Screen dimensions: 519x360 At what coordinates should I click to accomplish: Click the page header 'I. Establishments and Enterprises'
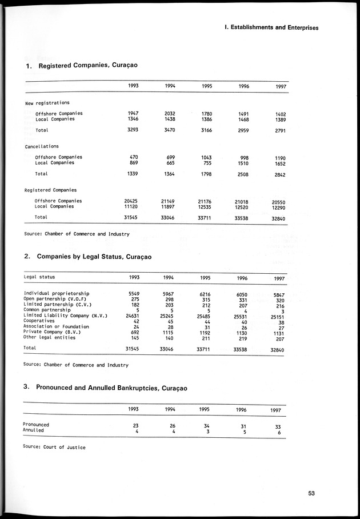tap(271, 27)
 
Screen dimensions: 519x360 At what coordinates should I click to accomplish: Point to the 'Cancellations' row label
tap(41, 146)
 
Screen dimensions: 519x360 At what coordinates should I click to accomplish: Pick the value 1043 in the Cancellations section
tap(207, 157)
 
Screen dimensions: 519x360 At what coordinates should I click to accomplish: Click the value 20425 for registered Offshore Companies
tap(132, 201)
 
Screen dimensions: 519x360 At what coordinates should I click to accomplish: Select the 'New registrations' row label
tap(47, 103)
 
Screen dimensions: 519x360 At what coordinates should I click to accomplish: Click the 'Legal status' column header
tap(39, 277)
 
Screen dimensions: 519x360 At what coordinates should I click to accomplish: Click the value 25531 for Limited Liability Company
tap(241, 316)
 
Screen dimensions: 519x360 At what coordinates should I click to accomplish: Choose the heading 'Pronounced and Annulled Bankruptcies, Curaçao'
tap(111, 387)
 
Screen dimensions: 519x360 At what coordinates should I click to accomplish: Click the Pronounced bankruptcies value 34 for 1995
tap(207, 425)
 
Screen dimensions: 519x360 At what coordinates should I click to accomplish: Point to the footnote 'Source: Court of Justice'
tap(54, 447)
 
